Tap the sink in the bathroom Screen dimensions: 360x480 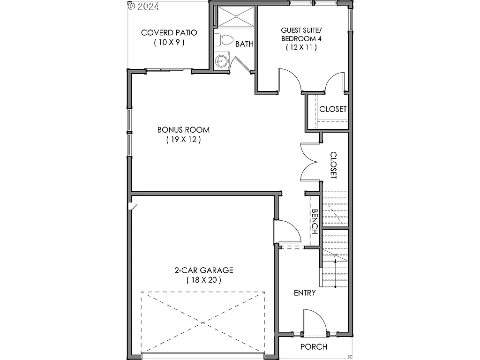[221, 60]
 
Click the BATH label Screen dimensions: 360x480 [244, 44]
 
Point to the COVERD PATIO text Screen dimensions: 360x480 [169, 33]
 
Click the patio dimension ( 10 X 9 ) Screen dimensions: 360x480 [169, 42]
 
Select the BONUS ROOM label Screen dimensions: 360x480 [183, 130]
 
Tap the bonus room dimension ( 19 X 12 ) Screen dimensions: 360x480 [183, 140]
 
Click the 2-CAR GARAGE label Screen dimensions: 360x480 [203, 270]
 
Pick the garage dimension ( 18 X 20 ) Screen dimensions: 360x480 [203, 280]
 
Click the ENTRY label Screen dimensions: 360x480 [305, 293]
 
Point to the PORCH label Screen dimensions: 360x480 [314, 347]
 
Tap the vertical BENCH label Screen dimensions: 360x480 [315, 222]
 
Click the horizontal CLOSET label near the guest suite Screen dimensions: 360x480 [333, 109]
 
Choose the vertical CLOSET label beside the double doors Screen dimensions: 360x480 [333, 165]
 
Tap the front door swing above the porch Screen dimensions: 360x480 [314, 322]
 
